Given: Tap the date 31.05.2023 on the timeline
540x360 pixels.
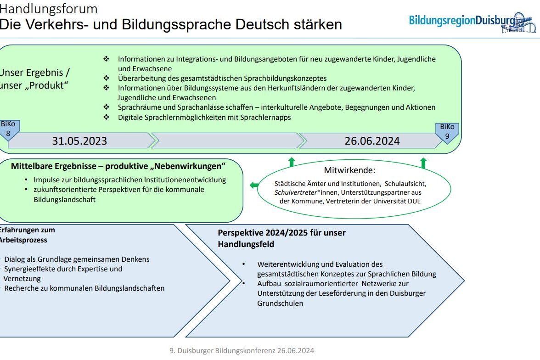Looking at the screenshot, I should coord(79,141).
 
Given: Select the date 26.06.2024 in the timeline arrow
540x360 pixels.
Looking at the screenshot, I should coord(372,141).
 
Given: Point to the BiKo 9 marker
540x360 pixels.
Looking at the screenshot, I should coord(447,131).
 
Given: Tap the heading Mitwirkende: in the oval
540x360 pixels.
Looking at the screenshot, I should coord(349,170).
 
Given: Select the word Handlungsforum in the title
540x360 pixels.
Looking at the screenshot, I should coord(49,9).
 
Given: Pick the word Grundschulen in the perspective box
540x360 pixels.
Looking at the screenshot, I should coord(280,303).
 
